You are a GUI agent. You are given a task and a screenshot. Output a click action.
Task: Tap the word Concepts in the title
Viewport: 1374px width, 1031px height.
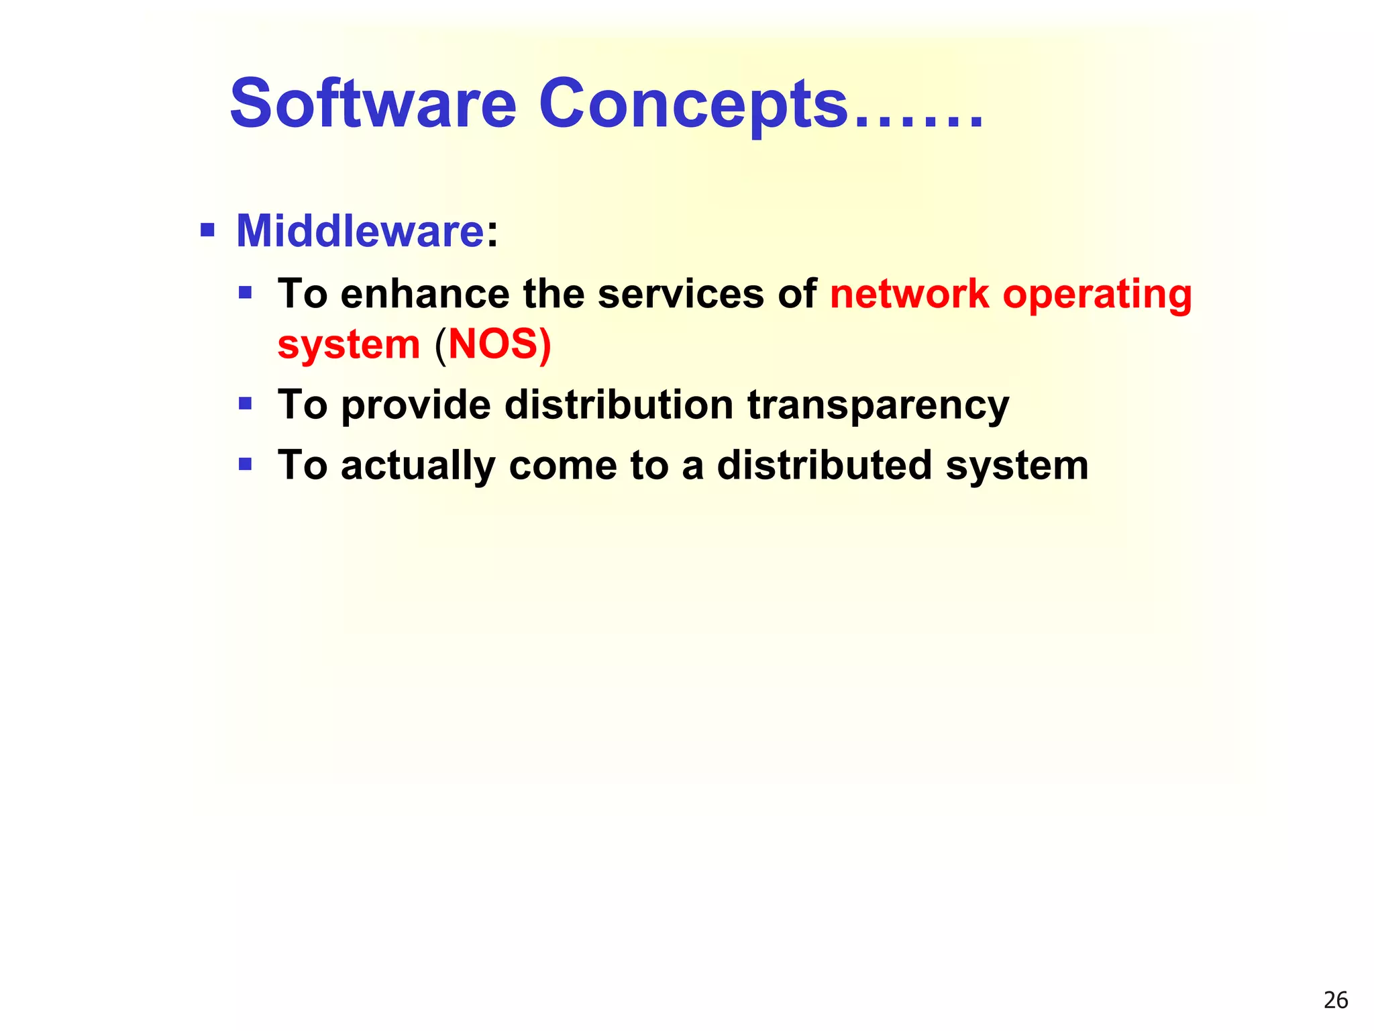(x=693, y=106)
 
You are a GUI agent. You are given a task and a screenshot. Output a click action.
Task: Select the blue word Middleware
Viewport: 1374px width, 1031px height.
(x=360, y=231)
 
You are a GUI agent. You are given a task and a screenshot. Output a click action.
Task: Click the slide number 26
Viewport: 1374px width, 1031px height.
(x=1336, y=1000)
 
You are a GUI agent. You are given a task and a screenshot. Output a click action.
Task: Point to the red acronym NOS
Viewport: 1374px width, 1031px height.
(x=494, y=344)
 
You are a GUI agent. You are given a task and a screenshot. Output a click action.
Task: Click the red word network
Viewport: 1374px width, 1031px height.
(x=910, y=294)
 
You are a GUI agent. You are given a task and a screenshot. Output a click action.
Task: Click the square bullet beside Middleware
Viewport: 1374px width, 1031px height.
(x=208, y=232)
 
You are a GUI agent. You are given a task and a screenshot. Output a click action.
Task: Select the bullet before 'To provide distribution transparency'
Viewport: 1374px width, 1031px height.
(x=246, y=404)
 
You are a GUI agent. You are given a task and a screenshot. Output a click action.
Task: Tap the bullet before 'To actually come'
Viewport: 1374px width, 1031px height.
(x=246, y=464)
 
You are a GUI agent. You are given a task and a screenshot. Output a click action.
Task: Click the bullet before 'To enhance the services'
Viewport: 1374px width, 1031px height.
(x=246, y=293)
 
